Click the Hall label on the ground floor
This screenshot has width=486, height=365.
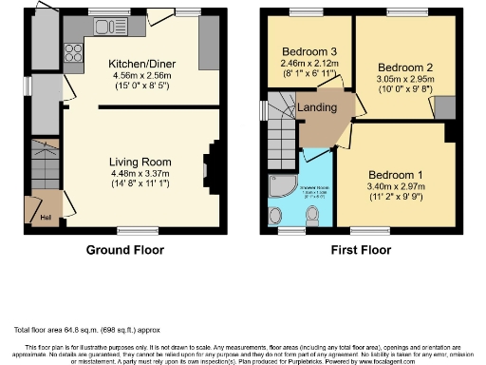45,217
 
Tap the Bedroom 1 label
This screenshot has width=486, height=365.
392,177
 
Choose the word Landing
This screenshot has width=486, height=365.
316,107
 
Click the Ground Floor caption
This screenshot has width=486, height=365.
124,250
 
